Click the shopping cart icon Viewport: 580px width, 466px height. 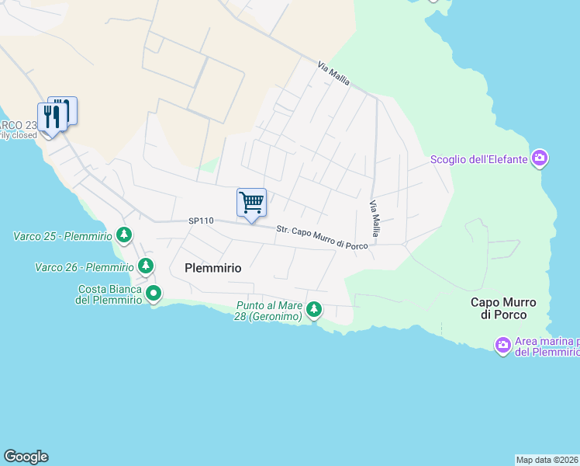point(251,203)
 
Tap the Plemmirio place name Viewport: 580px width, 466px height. point(213,268)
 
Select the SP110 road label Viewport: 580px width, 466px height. point(200,221)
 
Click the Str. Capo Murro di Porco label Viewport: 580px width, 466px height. point(323,238)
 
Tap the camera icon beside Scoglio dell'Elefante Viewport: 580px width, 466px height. point(540,160)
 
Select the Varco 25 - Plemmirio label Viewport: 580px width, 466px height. point(63,235)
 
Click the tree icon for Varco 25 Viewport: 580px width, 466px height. point(123,235)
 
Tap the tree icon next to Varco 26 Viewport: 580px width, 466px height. point(145,266)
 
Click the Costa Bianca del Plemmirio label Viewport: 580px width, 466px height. point(109,295)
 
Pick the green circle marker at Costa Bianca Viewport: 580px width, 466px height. point(154,294)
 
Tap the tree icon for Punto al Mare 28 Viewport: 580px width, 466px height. point(313,310)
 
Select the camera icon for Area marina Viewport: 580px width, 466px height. point(503,344)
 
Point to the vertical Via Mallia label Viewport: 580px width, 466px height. point(375,219)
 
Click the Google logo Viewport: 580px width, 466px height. point(26,457)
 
